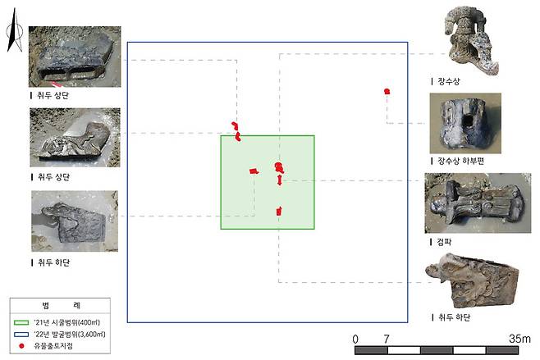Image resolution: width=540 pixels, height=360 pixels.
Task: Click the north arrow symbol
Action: coord(15,31)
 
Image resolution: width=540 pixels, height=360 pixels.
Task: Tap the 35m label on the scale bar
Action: coord(519,339)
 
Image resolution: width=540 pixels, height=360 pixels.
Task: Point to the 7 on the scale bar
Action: coord(387,339)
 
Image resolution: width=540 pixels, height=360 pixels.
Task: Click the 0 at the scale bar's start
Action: coord(355,339)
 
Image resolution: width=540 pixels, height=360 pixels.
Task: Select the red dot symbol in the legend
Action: coord(21,346)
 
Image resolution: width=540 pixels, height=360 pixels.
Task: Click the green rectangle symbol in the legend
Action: coord(21,323)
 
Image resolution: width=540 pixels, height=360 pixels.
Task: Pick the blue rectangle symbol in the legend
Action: coord(21,335)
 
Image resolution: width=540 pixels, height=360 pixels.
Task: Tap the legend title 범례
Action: coord(61,305)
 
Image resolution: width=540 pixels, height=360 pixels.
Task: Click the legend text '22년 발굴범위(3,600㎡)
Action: coord(70,335)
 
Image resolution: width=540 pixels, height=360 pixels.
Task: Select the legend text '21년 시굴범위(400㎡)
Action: coord(66,322)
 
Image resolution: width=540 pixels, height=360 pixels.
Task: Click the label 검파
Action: coord(444,242)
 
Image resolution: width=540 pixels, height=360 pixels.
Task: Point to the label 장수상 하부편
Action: coord(460,161)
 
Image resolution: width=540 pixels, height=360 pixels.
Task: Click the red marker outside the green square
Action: coord(387,92)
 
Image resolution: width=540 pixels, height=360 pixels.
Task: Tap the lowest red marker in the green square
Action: coord(278,212)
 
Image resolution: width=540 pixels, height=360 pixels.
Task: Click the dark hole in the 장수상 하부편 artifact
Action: coord(468,121)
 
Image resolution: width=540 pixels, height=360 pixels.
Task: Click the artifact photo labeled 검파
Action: coord(478,203)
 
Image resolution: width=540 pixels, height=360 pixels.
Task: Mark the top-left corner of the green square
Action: coord(221,136)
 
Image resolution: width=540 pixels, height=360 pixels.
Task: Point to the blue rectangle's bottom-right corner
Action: coord(408,322)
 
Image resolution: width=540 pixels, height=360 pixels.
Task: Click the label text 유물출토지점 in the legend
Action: coord(53,346)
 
